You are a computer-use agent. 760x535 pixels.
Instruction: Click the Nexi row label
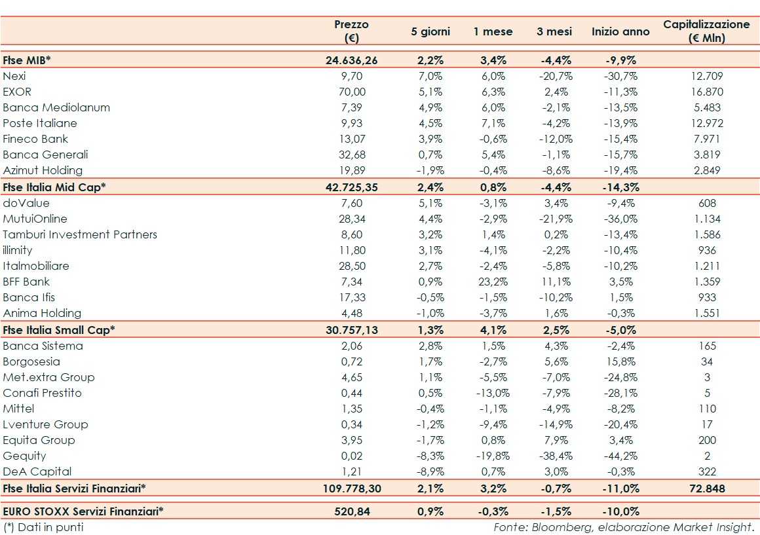(x=14, y=76)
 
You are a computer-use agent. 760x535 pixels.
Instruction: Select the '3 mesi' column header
(x=554, y=31)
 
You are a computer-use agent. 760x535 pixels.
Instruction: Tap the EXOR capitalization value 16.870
(x=707, y=92)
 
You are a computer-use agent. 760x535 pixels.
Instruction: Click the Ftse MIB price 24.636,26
(x=352, y=60)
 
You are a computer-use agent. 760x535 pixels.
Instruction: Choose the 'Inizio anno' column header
(x=620, y=31)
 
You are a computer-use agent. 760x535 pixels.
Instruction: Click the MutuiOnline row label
(x=35, y=219)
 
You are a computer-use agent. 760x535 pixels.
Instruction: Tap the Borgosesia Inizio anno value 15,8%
(x=620, y=361)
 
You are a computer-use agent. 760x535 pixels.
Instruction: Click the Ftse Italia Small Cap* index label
(x=59, y=330)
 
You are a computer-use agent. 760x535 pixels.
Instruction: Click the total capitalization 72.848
(x=707, y=489)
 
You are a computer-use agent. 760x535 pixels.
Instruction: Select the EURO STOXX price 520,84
(x=352, y=511)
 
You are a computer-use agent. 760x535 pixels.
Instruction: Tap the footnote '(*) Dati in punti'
(x=43, y=526)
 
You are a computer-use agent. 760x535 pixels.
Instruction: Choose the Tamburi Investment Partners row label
(x=80, y=234)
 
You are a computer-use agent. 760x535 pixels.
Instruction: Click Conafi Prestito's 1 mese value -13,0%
(x=493, y=393)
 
